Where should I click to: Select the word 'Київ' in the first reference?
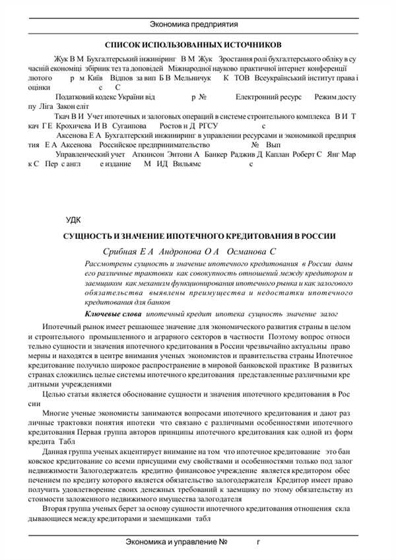click(98, 77)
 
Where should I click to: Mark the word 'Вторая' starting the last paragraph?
click(55, 510)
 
